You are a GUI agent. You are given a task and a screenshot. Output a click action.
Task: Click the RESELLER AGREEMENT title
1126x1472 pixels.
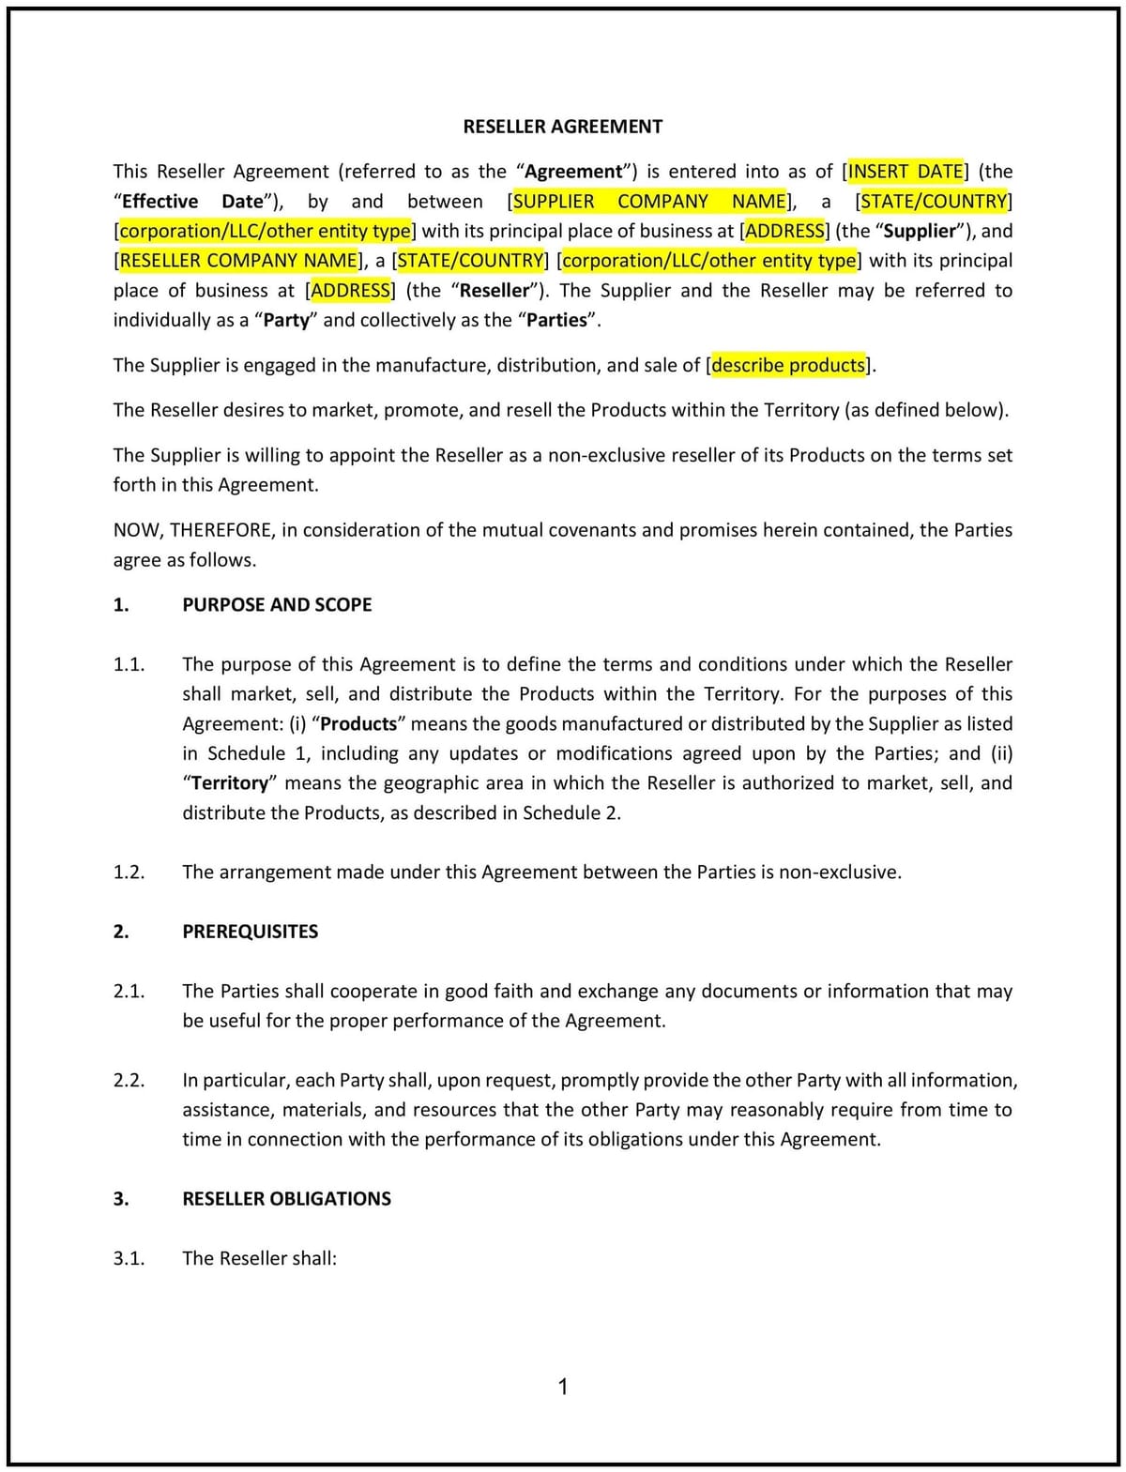pyautogui.click(x=562, y=127)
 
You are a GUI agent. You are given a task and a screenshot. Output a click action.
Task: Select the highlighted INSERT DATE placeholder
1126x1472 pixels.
pyautogui.click(x=905, y=171)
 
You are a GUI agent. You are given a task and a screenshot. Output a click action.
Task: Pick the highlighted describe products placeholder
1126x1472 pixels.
pyautogui.click(x=788, y=365)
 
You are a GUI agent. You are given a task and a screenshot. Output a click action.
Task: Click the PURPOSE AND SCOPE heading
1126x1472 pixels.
pyautogui.click(x=277, y=604)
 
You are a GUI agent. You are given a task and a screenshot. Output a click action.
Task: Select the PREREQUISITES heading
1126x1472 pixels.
pyautogui.click(x=250, y=932)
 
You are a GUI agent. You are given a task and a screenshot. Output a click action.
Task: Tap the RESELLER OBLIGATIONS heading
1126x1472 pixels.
pyautogui.click(x=286, y=1198)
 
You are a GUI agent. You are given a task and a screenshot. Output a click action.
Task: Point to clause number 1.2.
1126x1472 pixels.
pyautogui.click(x=129, y=872)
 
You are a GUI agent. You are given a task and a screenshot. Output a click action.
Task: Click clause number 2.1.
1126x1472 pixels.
pyautogui.click(x=129, y=991)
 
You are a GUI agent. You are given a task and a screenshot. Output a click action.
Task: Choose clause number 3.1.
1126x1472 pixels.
pyautogui.click(x=129, y=1258)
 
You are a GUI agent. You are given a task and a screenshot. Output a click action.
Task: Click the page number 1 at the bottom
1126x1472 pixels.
pyautogui.click(x=563, y=1387)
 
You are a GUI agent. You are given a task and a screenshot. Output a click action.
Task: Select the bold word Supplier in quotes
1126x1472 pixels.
pyautogui.click(x=919, y=231)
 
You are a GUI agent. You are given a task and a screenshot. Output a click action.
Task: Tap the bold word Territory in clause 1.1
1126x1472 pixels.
pyautogui.click(x=230, y=782)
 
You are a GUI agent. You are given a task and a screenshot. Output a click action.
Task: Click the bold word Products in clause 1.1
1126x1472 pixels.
pyautogui.click(x=358, y=723)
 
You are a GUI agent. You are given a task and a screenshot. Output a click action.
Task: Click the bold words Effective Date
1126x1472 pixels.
pyautogui.click(x=192, y=201)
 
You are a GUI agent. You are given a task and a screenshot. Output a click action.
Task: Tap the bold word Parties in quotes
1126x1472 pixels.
pyautogui.click(x=556, y=320)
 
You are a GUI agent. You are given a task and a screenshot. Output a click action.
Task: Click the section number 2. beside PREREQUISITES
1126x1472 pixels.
pyautogui.click(x=121, y=932)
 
